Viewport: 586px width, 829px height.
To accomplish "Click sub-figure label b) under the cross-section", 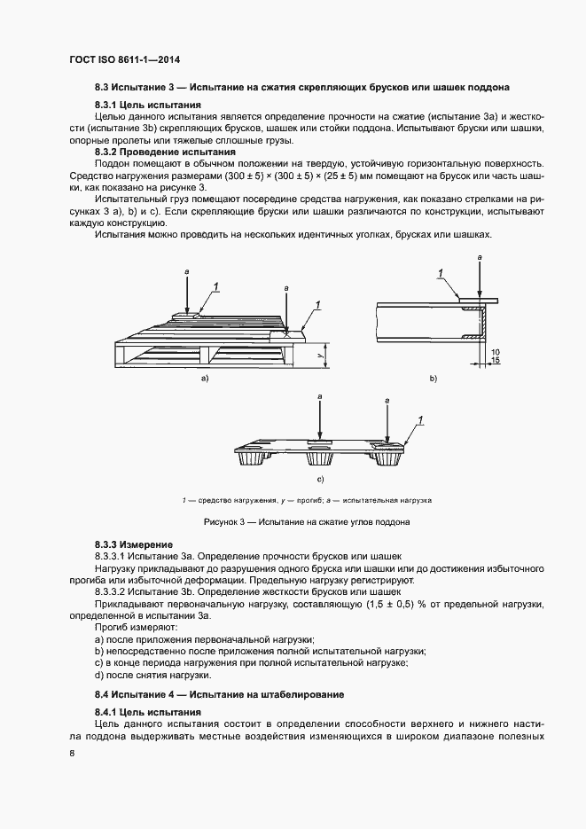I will pyautogui.click(x=434, y=379).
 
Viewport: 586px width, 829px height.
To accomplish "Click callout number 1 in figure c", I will pyautogui.click(x=419, y=418).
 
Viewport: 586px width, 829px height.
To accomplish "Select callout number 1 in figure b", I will pyautogui.click(x=440, y=272).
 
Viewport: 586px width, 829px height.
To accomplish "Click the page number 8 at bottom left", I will pyautogui.click(x=72, y=753).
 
